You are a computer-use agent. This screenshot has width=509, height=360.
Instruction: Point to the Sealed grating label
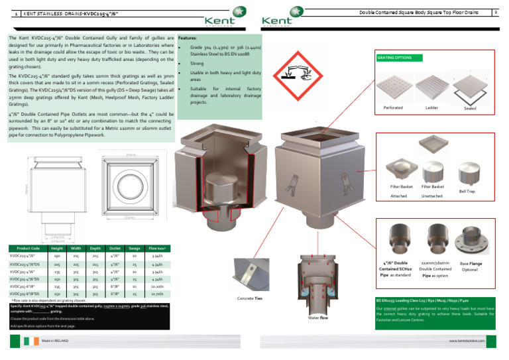[469, 108]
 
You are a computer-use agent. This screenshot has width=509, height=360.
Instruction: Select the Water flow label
[317, 318]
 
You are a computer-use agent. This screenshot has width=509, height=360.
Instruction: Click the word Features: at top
[187, 38]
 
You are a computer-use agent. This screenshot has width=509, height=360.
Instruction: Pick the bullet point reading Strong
[197, 64]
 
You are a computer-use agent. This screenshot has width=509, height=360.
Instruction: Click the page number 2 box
[496, 12]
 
